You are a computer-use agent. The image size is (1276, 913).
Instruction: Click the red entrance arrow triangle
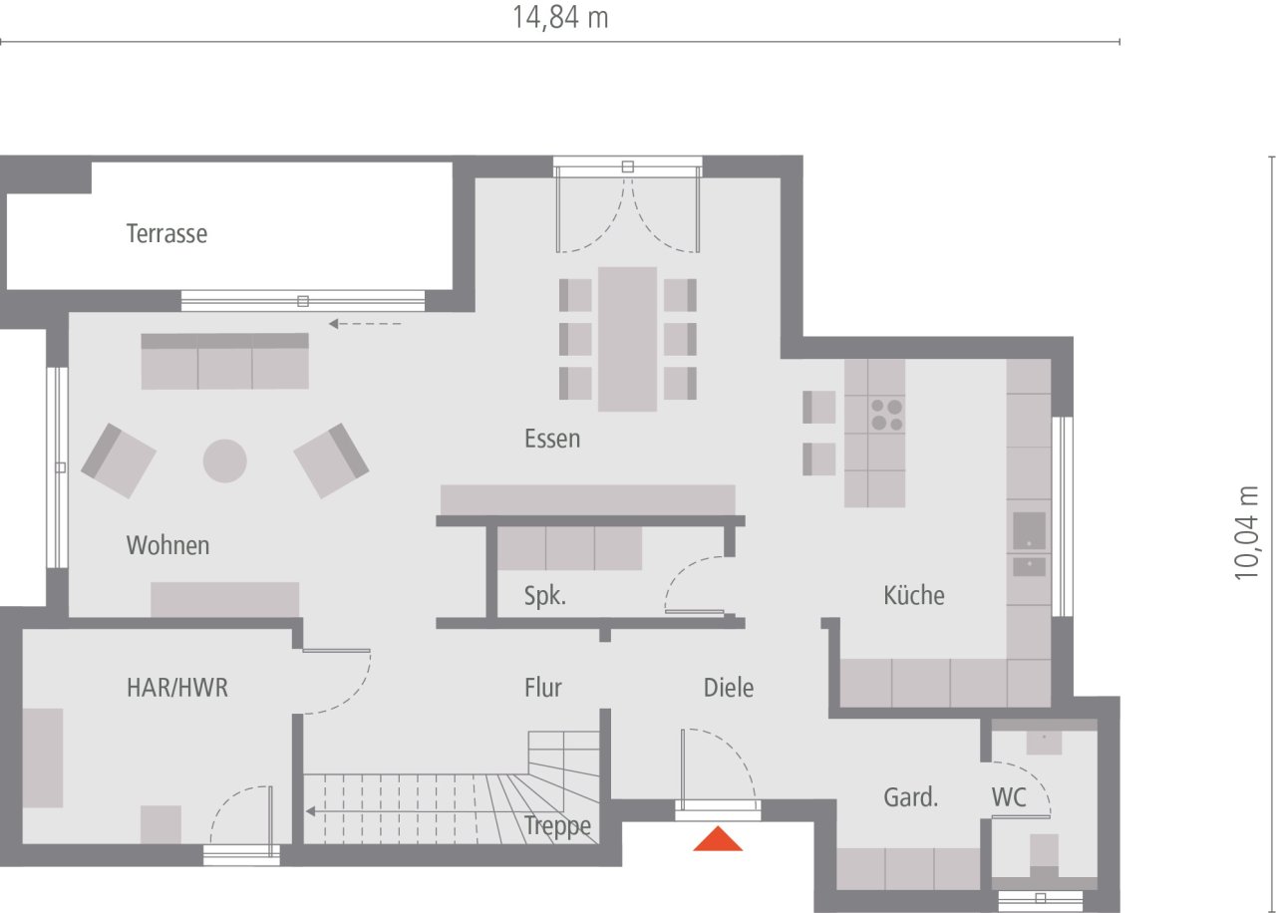click(x=719, y=840)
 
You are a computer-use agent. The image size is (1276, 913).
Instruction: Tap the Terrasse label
click(x=166, y=234)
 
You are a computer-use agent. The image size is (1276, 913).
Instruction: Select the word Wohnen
click(x=167, y=545)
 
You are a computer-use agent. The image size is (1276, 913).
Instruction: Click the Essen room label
click(x=552, y=439)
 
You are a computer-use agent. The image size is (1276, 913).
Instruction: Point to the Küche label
click(x=914, y=595)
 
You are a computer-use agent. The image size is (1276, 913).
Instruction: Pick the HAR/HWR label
click(x=177, y=688)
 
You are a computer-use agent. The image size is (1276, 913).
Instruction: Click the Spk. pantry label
click(x=545, y=596)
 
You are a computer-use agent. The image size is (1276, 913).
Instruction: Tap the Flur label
click(x=543, y=688)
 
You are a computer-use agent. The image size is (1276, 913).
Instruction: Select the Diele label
click(x=729, y=688)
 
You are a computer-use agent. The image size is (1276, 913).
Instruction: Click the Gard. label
click(x=911, y=797)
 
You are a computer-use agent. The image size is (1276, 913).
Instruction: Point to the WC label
click(x=1009, y=797)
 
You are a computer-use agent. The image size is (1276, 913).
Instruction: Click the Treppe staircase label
click(x=557, y=826)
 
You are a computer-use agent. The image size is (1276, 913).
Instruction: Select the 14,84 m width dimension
click(x=560, y=17)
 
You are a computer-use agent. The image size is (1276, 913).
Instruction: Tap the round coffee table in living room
click(x=224, y=460)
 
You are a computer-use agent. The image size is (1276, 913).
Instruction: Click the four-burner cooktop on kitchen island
click(x=886, y=414)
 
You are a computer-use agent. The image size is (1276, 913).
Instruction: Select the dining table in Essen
click(x=627, y=339)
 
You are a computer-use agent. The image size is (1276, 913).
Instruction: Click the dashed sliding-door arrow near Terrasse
click(x=365, y=323)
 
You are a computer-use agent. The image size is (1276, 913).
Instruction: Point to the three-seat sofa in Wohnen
click(x=224, y=362)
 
